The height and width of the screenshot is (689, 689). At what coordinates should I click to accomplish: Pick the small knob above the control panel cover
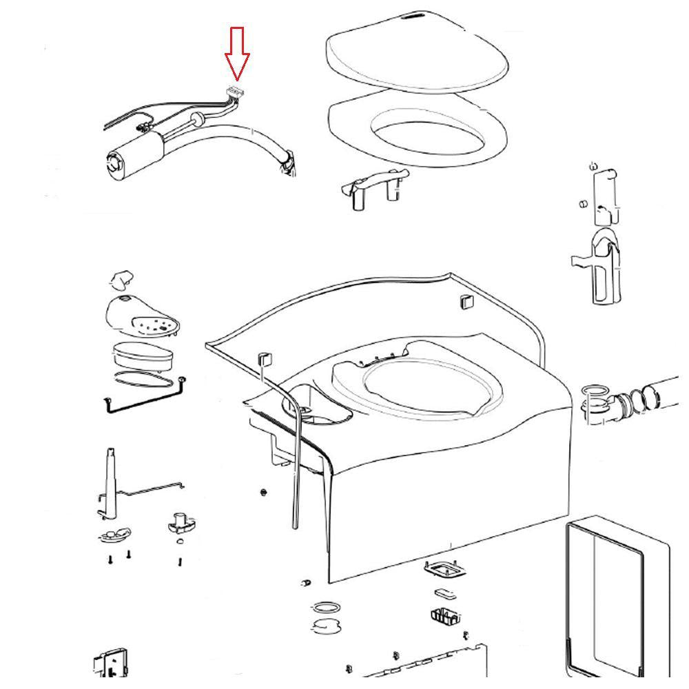coord(121,279)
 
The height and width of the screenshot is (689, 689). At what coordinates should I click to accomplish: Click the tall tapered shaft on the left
coord(110,482)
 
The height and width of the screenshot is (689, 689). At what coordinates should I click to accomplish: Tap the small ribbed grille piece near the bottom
coord(445,615)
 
